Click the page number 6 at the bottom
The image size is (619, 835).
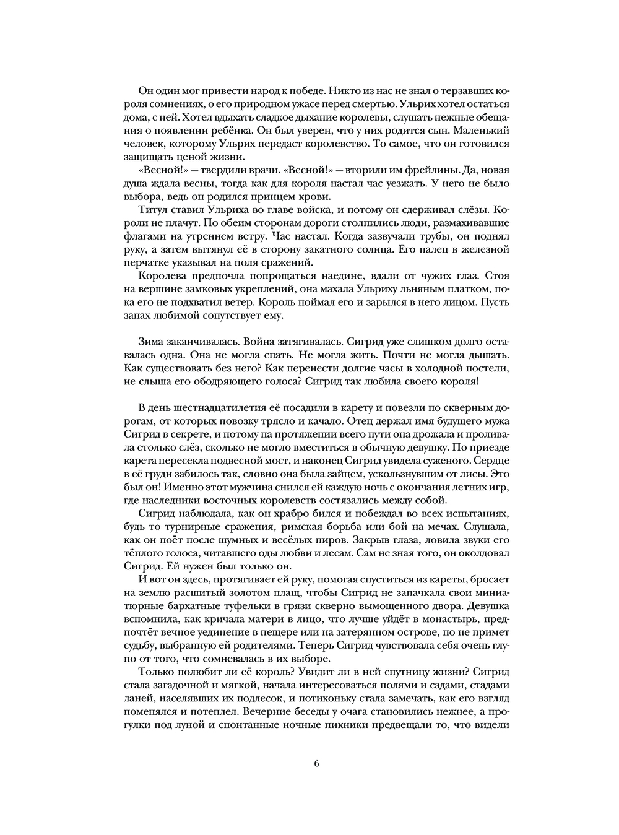click(x=316, y=763)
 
